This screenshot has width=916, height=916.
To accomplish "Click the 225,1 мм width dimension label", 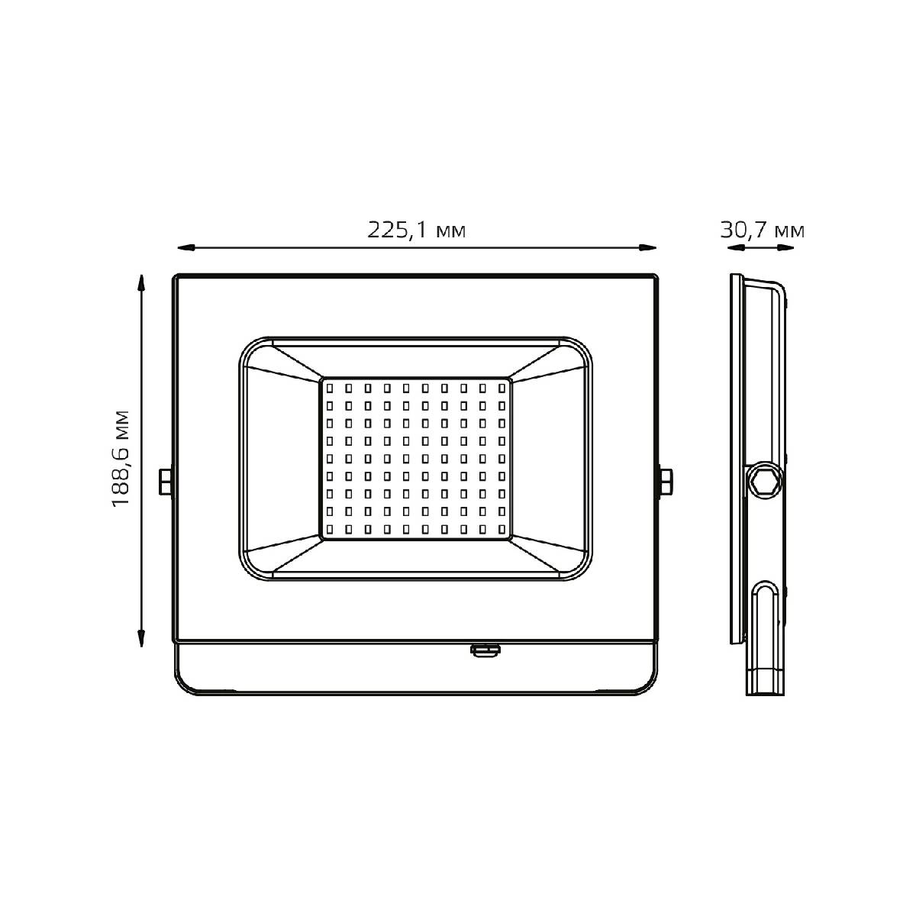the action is [x=417, y=231].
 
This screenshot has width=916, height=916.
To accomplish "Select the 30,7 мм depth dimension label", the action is [x=762, y=231].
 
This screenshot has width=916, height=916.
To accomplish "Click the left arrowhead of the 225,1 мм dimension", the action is [x=185, y=247].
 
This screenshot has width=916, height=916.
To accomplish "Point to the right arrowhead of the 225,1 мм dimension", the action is [x=647, y=247].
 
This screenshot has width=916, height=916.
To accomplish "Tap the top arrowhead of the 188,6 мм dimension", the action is [x=140, y=283].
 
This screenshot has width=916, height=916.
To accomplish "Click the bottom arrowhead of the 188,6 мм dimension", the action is [x=140, y=638].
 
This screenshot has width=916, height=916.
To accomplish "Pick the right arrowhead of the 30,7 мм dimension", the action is [x=785, y=247].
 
